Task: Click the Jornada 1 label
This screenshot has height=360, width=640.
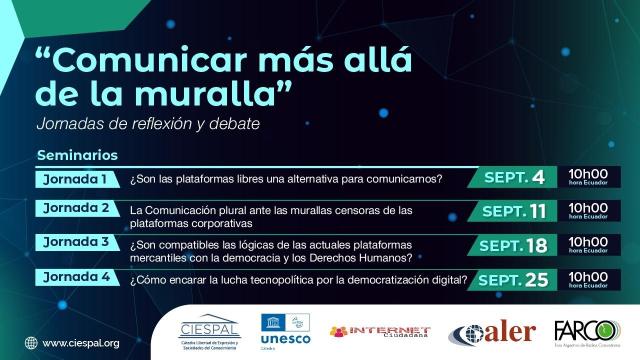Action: coord(76,180)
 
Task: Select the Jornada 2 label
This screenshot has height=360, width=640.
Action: coord(76,209)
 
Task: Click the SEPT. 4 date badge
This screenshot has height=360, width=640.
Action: coord(514,179)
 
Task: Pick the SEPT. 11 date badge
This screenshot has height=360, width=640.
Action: coord(514,212)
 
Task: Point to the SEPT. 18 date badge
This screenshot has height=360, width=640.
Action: coord(514,245)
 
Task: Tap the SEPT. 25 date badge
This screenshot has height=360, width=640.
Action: coord(514,279)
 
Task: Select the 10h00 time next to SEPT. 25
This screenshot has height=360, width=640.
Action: coord(587,277)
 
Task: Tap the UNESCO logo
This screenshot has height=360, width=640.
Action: coord(284,331)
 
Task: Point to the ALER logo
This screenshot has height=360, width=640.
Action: coord(487,333)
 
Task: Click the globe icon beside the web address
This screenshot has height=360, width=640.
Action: coord(32,344)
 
